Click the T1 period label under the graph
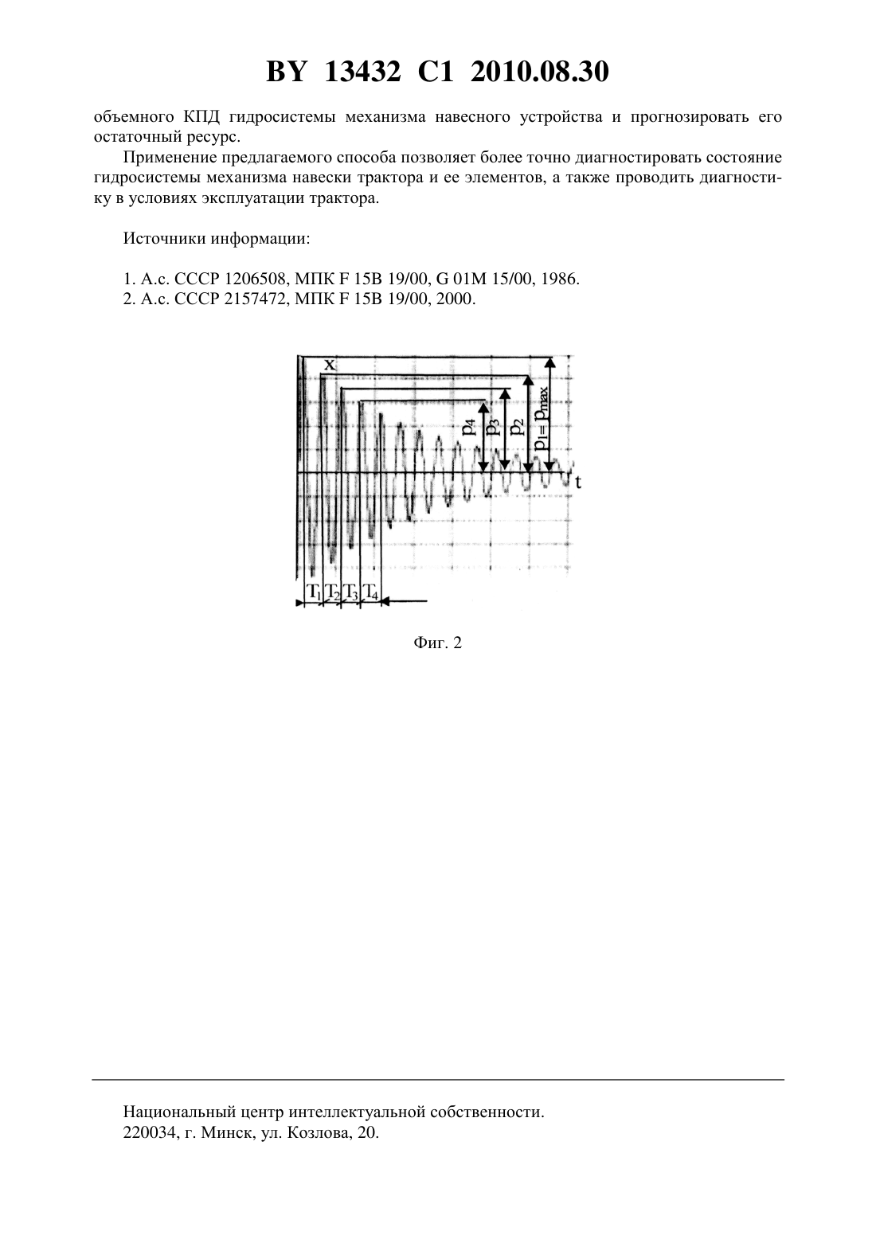[314, 592]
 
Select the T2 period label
[332, 592]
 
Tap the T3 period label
[351, 592]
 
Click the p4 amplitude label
[470, 427]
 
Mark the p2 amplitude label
[517, 427]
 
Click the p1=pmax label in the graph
[540, 418]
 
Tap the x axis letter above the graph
[330, 364]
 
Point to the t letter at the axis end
[578, 483]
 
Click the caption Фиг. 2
[437, 643]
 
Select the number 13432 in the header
[362, 72]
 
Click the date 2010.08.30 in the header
[540, 72]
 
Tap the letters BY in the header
[286, 72]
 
